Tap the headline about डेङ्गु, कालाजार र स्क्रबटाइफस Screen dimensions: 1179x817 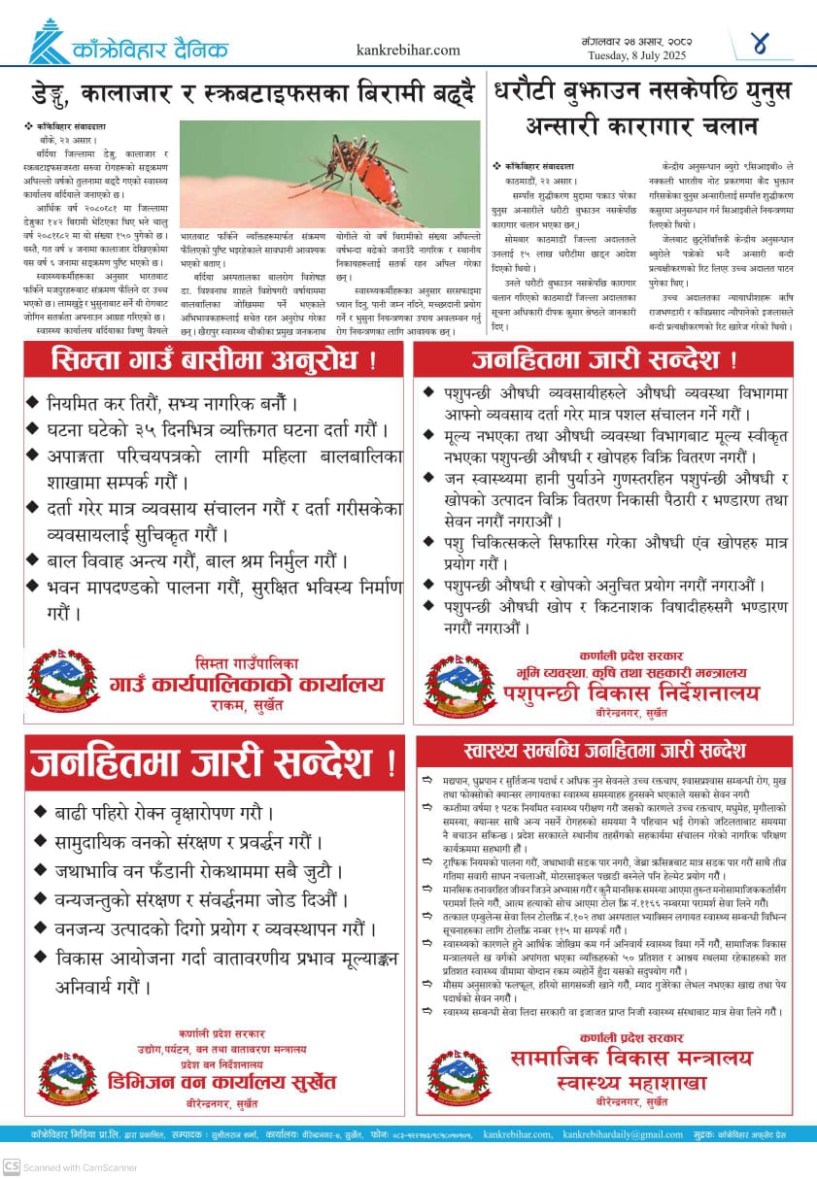(x=251, y=95)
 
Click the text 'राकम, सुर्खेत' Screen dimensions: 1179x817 (x=247, y=706)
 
